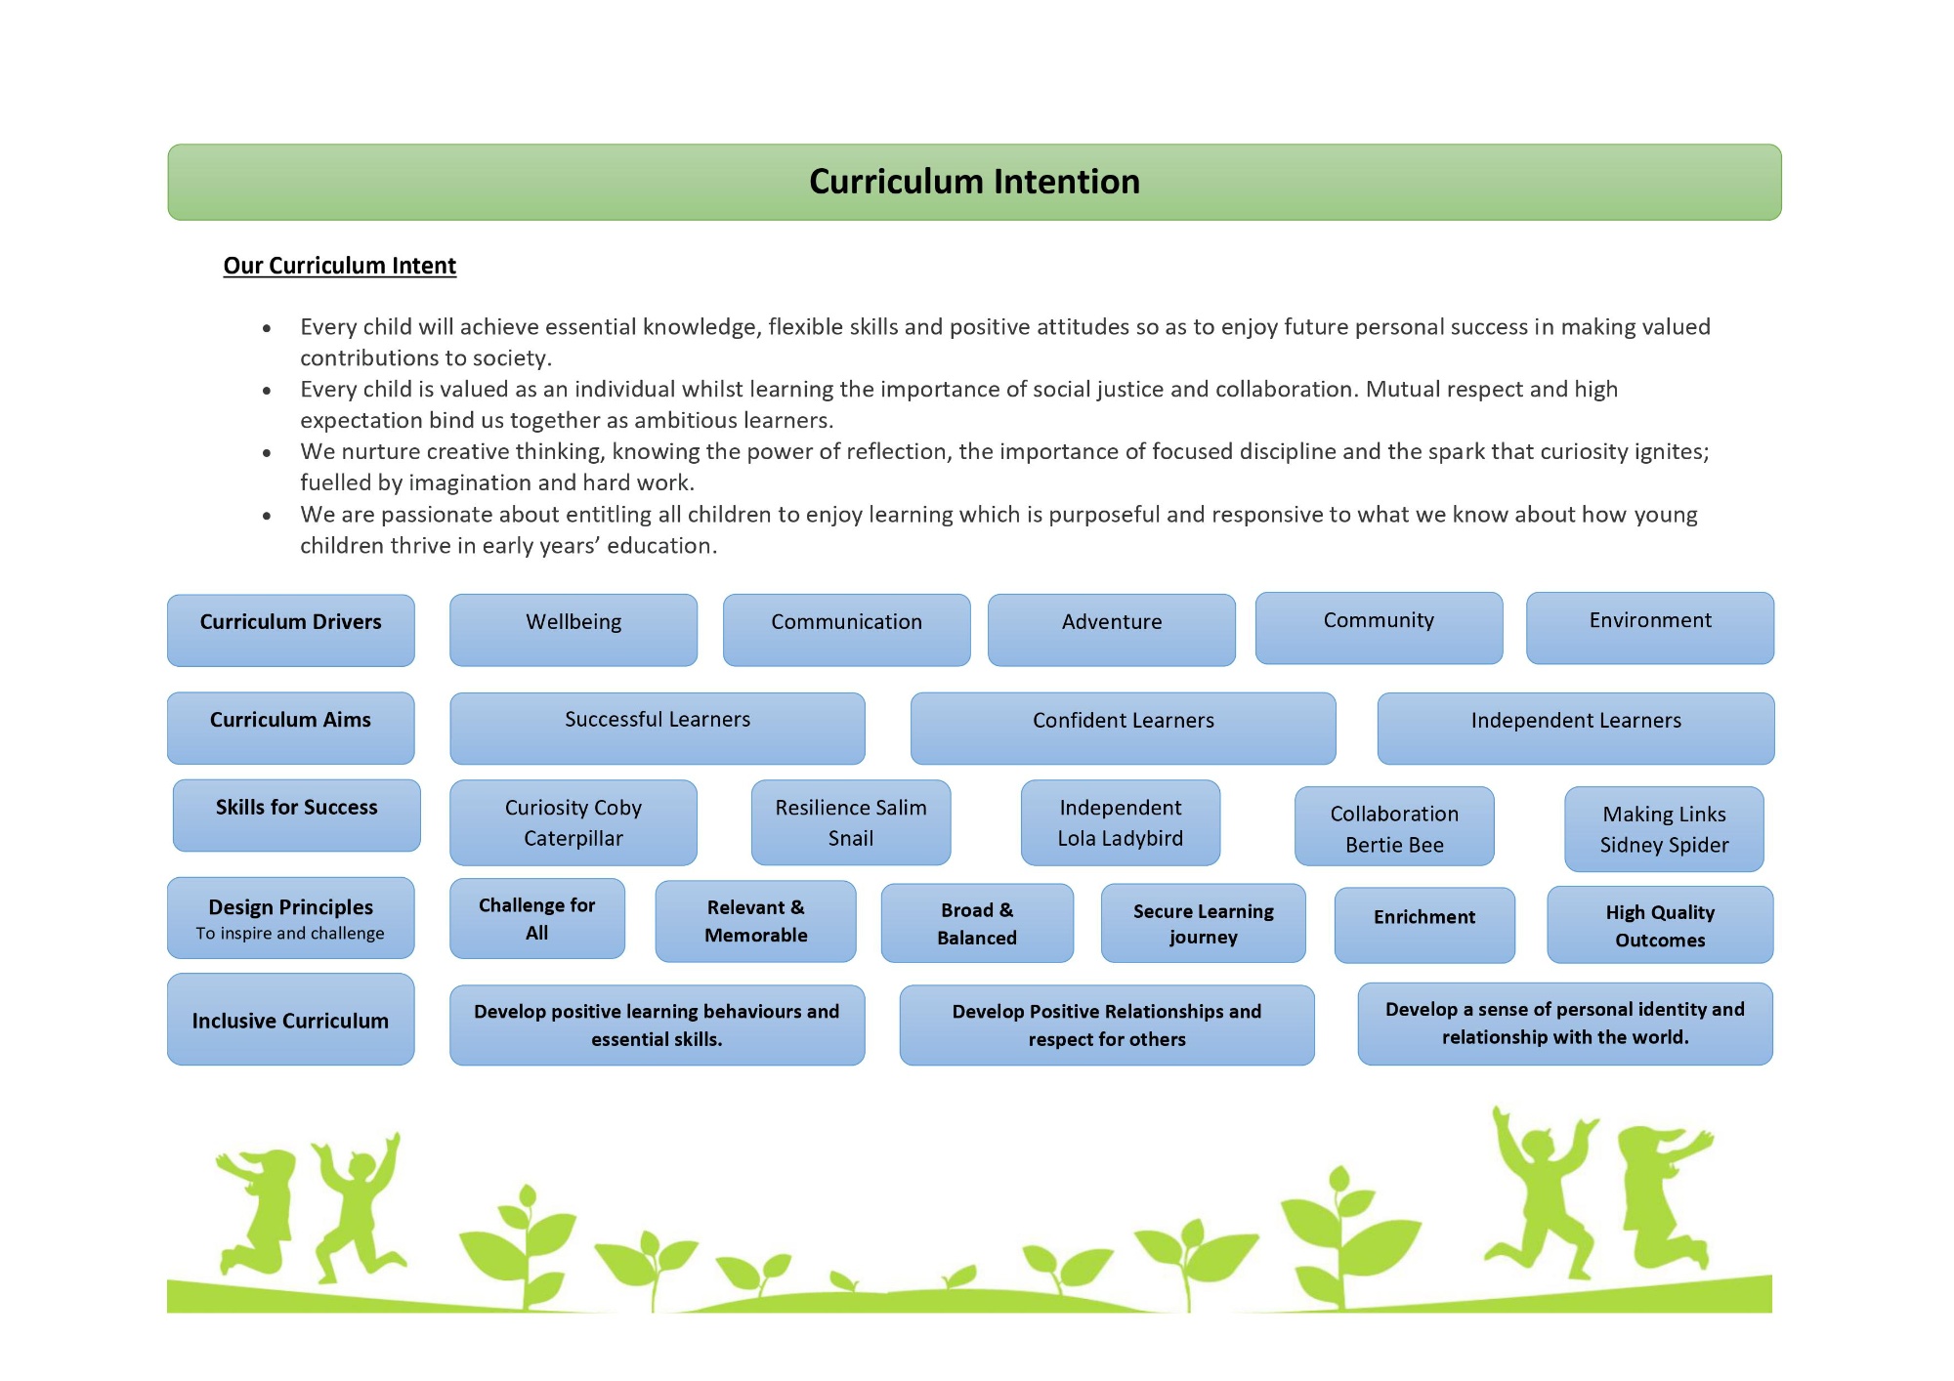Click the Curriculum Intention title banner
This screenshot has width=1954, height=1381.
tap(974, 183)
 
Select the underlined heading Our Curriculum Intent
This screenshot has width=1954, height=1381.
tap(339, 266)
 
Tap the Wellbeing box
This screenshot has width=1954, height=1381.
tap(573, 629)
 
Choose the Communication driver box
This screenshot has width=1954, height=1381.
tap(846, 629)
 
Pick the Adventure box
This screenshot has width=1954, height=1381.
tap(1111, 629)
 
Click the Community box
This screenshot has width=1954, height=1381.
tap(1379, 627)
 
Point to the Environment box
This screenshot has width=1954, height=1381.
tap(1650, 627)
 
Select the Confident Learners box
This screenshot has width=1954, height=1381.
tap(1123, 728)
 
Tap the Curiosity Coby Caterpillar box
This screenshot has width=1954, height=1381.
tap(573, 822)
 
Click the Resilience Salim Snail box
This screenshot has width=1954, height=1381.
tap(850, 822)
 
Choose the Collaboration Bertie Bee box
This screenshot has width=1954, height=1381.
tap(1394, 828)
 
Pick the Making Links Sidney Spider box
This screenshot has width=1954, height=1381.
tap(1664, 828)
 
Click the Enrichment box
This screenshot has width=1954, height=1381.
tap(1424, 923)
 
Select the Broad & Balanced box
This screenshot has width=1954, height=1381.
tap(977, 923)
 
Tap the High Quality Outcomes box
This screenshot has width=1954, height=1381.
tap(1660, 924)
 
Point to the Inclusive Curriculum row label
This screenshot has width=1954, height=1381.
tap(290, 1020)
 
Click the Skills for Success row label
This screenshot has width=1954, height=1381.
tap(296, 815)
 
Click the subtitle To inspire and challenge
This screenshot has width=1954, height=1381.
tap(290, 934)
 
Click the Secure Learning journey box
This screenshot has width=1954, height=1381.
tap(1203, 923)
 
